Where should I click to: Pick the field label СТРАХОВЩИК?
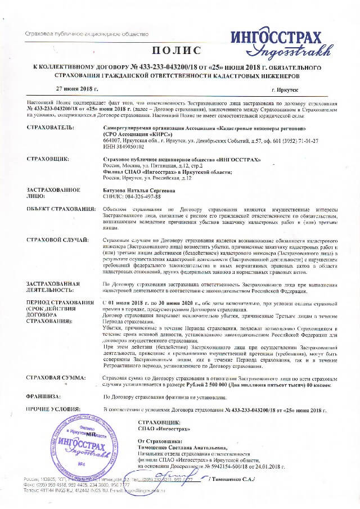tap(48, 160)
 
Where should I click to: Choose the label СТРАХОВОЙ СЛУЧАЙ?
tap(57, 241)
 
